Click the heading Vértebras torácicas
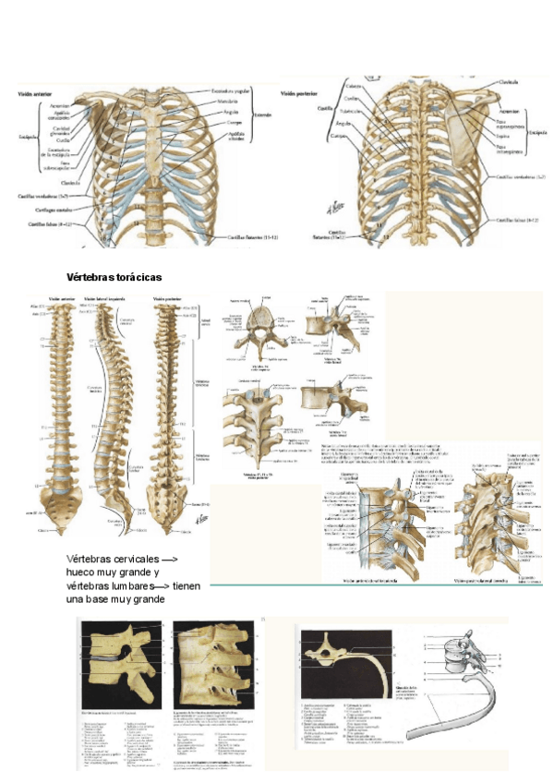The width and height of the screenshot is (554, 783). [x=114, y=277]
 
